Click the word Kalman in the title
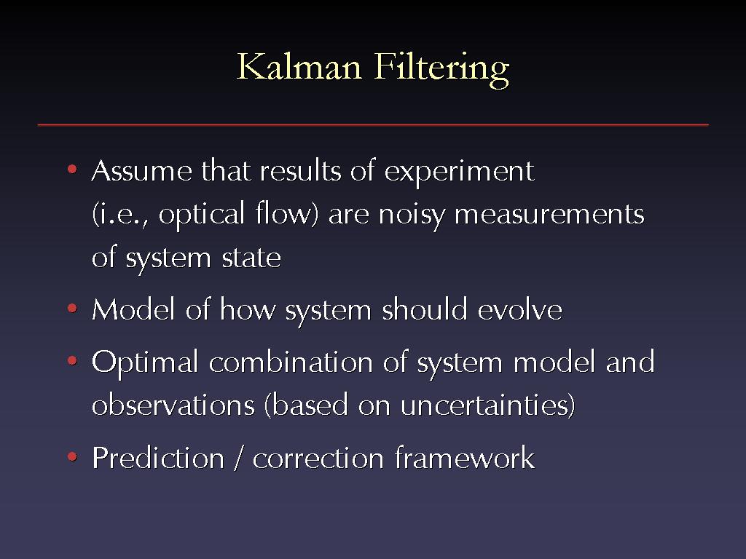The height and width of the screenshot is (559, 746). [299, 66]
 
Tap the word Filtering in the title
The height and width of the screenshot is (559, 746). [441, 69]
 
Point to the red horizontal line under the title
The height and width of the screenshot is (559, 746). [373, 124]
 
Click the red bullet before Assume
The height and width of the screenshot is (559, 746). [72, 169]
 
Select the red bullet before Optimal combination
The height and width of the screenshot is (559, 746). [72, 361]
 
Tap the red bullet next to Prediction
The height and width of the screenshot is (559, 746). [72, 457]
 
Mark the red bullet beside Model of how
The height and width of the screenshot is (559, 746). [72, 309]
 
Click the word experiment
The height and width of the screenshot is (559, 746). [459, 172]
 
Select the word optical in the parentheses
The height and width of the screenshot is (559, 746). [202, 215]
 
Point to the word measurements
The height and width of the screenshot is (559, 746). [549, 215]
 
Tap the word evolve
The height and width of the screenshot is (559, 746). [519, 309]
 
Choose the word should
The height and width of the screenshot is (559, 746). [425, 309]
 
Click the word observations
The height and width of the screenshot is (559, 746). [173, 405]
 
